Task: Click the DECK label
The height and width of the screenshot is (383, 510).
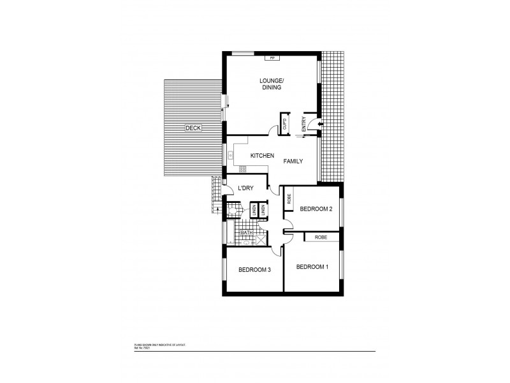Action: (x=193, y=128)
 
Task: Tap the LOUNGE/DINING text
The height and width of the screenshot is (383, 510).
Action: (x=271, y=84)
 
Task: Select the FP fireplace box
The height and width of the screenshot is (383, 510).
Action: (x=272, y=58)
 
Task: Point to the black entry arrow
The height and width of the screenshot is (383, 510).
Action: (x=320, y=123)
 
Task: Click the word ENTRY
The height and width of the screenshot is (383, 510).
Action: (x=304, y=123)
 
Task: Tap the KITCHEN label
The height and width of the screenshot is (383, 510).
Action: (x=262, y=156)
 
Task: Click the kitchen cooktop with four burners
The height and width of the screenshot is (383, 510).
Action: (x=243, y=169)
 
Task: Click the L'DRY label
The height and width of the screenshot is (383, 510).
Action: (x=246, y=188)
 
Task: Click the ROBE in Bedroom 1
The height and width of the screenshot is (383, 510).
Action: (x=321, y=237)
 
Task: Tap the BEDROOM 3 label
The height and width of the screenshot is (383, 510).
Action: (x=255, y=270)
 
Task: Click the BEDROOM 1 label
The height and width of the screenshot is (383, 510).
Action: (x=312, y=266)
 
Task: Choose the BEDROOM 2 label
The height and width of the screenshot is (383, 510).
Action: (x=316, y=209)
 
